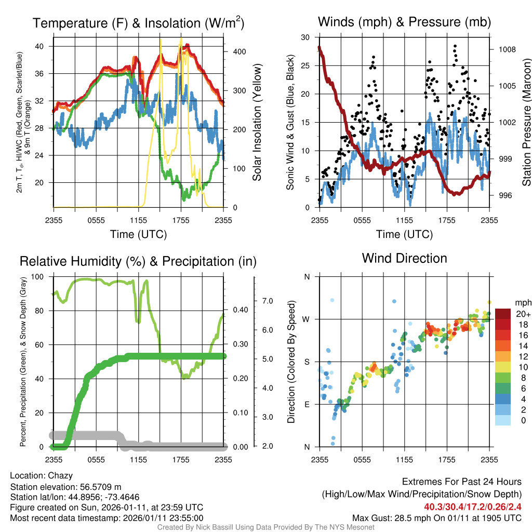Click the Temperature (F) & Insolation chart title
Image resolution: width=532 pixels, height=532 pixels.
point(138,23)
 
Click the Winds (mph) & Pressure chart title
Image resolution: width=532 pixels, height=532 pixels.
point(404,22)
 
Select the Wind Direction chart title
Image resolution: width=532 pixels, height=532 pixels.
point(404,258)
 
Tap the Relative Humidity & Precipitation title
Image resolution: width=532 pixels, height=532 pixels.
point(138,261)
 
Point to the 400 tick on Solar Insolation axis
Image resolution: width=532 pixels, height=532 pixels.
point(235,52)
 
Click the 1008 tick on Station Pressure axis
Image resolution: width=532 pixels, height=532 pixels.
point(507,50)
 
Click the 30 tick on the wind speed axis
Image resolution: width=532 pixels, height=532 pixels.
point(306,37)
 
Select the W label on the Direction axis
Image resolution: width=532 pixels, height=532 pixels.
point(307,319)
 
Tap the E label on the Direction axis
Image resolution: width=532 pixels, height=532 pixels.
point(307,404)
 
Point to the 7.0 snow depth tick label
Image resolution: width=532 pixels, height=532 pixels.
point(267,301)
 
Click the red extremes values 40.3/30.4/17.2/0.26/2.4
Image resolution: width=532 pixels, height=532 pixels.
point(473,507)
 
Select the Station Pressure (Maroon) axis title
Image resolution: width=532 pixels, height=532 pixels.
point(526,123)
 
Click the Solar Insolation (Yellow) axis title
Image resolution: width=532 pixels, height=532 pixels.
point(257,123)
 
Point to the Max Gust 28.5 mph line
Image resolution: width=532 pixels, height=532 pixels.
point(436,518)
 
